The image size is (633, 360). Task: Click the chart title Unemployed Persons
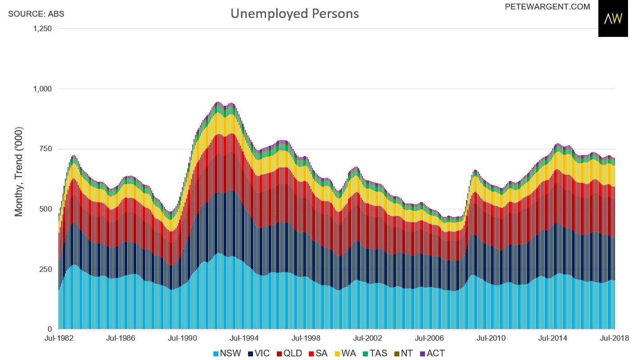[294, 13]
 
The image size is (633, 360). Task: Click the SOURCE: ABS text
[36, 14]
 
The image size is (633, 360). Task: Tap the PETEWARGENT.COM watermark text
[547, 7]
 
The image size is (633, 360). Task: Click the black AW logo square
[613, 19]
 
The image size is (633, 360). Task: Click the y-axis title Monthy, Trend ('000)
[19, 171]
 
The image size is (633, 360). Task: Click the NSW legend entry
[226, 353]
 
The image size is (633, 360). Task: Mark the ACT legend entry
[431, 353]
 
